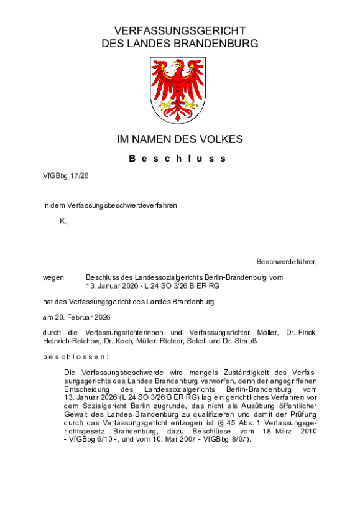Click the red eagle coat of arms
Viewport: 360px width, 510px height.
click(x=179, y=90)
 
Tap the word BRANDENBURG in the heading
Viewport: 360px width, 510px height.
click(x=213, y=44)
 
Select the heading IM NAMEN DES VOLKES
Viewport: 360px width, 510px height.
click(x=180, y=139)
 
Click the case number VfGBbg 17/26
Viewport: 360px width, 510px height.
click(x=66, y=176)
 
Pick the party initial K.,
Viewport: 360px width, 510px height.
click(x=64, y=221)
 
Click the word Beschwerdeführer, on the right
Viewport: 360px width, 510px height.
click(x=287, y=262)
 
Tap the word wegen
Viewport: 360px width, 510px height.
click(x=53, y=277)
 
